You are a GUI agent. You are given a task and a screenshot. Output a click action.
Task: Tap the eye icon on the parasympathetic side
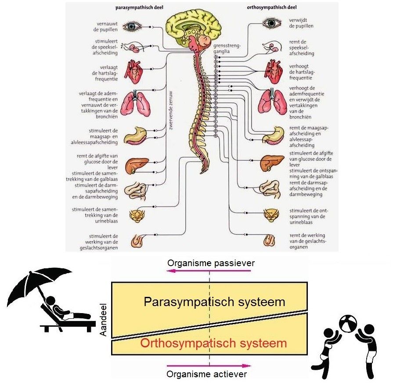[131, 27]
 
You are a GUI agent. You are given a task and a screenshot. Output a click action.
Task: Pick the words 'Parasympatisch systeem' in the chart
[214, 302]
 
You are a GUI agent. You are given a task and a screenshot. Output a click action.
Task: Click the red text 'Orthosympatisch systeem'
[214, 343]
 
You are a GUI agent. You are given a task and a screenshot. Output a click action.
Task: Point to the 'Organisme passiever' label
[211, 263]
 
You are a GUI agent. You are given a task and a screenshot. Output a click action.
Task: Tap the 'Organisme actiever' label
[207, 374]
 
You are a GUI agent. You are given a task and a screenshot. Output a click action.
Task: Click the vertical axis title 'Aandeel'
[104, 320]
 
